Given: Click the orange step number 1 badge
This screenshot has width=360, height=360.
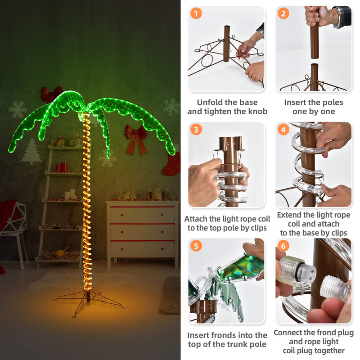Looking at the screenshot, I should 196,13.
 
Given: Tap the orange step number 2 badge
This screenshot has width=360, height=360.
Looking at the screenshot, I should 283,13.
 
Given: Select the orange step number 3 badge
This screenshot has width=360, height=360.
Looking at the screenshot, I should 196,130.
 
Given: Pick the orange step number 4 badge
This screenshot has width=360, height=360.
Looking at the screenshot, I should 283,130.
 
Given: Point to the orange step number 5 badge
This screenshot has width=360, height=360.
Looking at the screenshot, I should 196,246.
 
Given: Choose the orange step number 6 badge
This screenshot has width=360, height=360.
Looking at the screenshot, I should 283,246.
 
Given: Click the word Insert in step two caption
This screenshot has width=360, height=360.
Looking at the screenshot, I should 296,102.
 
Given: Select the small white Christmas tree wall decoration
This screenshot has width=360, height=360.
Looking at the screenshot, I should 31,152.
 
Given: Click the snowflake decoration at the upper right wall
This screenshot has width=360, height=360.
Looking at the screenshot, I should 171,107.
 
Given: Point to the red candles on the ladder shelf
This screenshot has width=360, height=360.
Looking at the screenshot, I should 62,167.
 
